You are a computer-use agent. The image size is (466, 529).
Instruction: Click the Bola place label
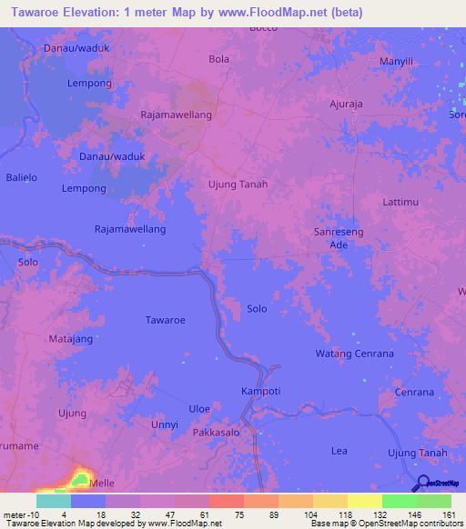coord(218,60)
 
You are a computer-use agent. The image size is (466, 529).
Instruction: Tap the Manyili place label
coord(396,61)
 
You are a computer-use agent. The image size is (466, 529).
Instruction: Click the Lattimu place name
coord(400,201)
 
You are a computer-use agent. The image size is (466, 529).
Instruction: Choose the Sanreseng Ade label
coord(339,238)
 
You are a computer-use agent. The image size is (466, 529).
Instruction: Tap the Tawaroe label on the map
coord(165,320)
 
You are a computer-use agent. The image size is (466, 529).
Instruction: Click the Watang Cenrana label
coord(354,353)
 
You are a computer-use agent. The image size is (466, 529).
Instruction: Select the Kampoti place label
coord(260,391)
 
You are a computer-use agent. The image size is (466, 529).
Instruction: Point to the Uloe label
coord(199,408)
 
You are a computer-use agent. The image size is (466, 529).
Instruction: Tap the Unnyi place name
coord(165,424)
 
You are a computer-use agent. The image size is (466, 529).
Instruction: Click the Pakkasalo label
coord(216,434)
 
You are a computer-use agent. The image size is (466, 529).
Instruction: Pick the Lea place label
coord(339,450)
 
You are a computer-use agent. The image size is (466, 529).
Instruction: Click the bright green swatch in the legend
coord(400,501)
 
